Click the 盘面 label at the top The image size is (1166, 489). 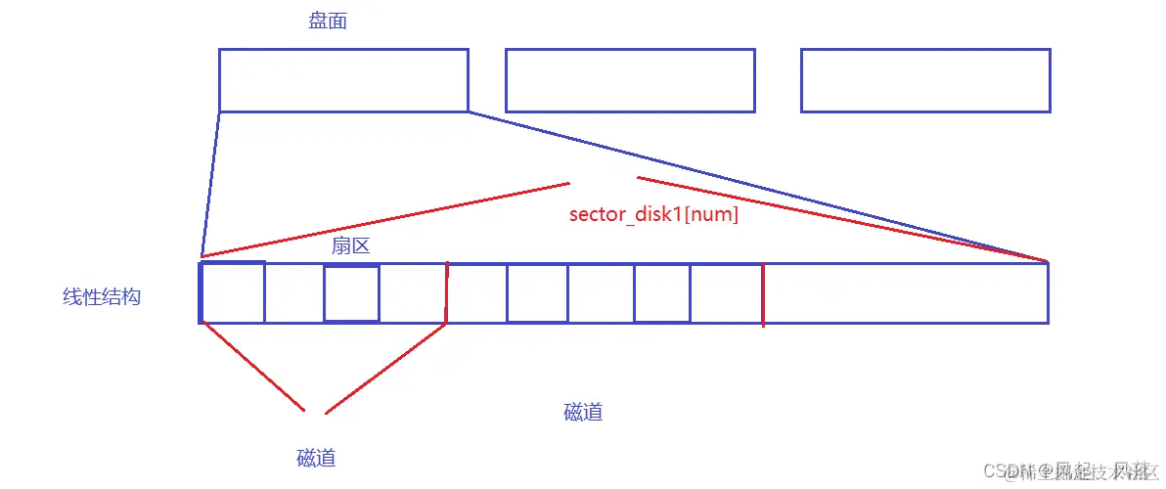pos(328,22)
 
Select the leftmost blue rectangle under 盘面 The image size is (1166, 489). pos(343,80)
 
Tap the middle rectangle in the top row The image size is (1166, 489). pos(630,80)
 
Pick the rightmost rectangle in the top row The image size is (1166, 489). pos(925,80)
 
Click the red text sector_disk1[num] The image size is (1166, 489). pos(653,214)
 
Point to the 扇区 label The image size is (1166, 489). pos(350,246)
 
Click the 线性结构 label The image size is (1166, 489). pos(102,296)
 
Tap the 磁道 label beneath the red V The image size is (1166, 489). pos(316,458)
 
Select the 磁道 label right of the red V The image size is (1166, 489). pos(583,412)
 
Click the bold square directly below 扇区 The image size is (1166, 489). pos(351,292)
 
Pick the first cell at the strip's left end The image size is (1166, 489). pos(233,292)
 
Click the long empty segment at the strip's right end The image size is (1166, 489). pos(905,292)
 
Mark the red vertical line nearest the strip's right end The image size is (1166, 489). pos(763,292)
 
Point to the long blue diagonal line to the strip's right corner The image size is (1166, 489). pos(758,187)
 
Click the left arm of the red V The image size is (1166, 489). pos(251,366)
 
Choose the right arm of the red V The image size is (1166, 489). pos(386,367)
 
